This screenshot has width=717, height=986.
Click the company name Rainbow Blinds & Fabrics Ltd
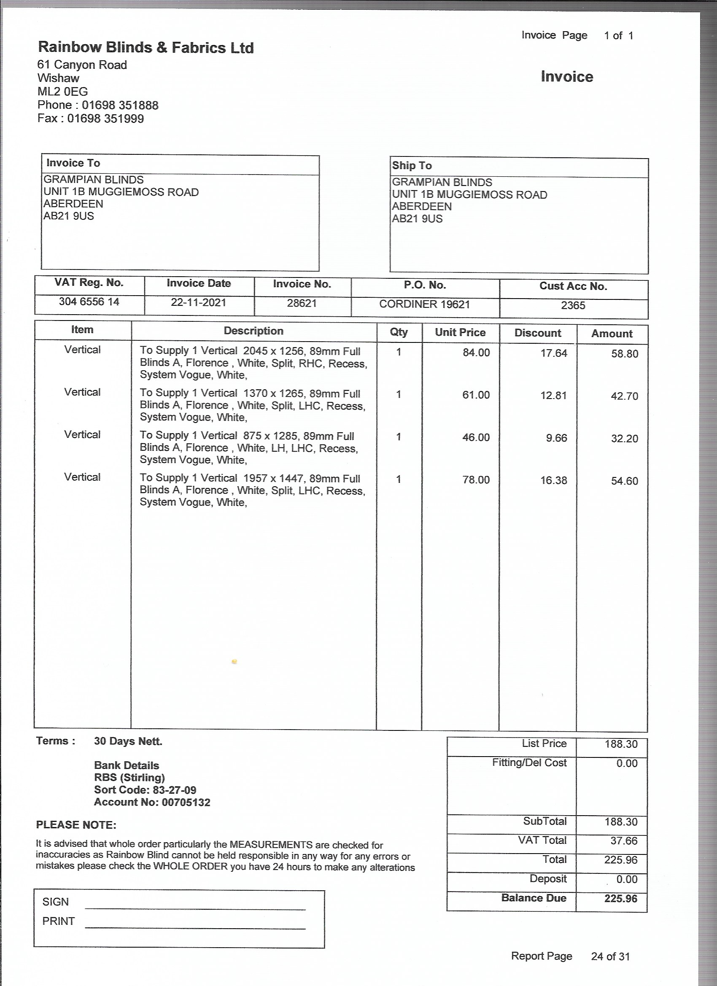(146, 47)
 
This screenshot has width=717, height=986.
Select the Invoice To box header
(73, 163)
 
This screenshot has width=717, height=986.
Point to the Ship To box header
(412, 166)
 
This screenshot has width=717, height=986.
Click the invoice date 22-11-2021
(198, 302)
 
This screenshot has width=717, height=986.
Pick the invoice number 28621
(302, 304)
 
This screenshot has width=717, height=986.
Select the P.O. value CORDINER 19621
(424, 304)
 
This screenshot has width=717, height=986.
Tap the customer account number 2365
(573, 306)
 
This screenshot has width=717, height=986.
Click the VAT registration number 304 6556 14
(89, 302)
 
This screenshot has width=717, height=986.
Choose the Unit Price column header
(460, 333)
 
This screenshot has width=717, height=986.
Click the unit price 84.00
(476, 353)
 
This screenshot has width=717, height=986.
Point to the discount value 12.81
(553, 396)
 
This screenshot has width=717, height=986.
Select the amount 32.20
(624, 439)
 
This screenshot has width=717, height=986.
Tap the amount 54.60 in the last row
(624, 481)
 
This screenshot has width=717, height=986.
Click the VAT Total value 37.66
(623, 841)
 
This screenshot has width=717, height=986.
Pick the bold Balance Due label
(534, 898)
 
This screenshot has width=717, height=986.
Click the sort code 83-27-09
(174, 790)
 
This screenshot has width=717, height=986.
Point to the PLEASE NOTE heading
(76, 825)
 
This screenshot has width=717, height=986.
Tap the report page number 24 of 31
(610, 956)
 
